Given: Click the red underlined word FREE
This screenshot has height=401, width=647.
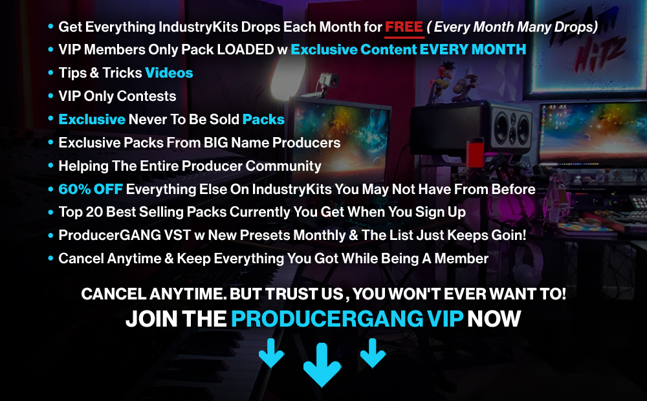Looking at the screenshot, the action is coord(404,27).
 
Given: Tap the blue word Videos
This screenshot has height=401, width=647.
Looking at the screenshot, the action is coord(169,73).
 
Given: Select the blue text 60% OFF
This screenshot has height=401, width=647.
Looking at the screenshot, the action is coord(91,190).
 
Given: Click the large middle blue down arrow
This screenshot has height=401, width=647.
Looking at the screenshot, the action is coord(322,365).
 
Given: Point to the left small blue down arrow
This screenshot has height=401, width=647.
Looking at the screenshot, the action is coord(271,352).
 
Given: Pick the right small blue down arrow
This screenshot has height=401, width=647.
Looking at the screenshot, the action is coord(373,352).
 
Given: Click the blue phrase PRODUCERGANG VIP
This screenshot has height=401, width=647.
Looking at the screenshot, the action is coord(347,319).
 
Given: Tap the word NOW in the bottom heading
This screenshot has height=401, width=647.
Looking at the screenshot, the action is coord(494,319).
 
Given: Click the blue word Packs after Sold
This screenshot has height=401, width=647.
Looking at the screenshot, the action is coord(263,120).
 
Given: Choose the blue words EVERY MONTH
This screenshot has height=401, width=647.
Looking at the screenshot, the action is coord(473,50).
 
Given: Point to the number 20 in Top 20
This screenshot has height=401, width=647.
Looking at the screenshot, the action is coord(94,212).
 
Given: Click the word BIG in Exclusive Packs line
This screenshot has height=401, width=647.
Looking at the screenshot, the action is coord(216,143).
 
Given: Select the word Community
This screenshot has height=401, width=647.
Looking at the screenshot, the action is coord(283,166).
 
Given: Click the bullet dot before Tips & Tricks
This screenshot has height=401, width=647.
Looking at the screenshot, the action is coord(50,73).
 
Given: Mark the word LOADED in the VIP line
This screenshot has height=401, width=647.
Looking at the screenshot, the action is coord(245,50).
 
